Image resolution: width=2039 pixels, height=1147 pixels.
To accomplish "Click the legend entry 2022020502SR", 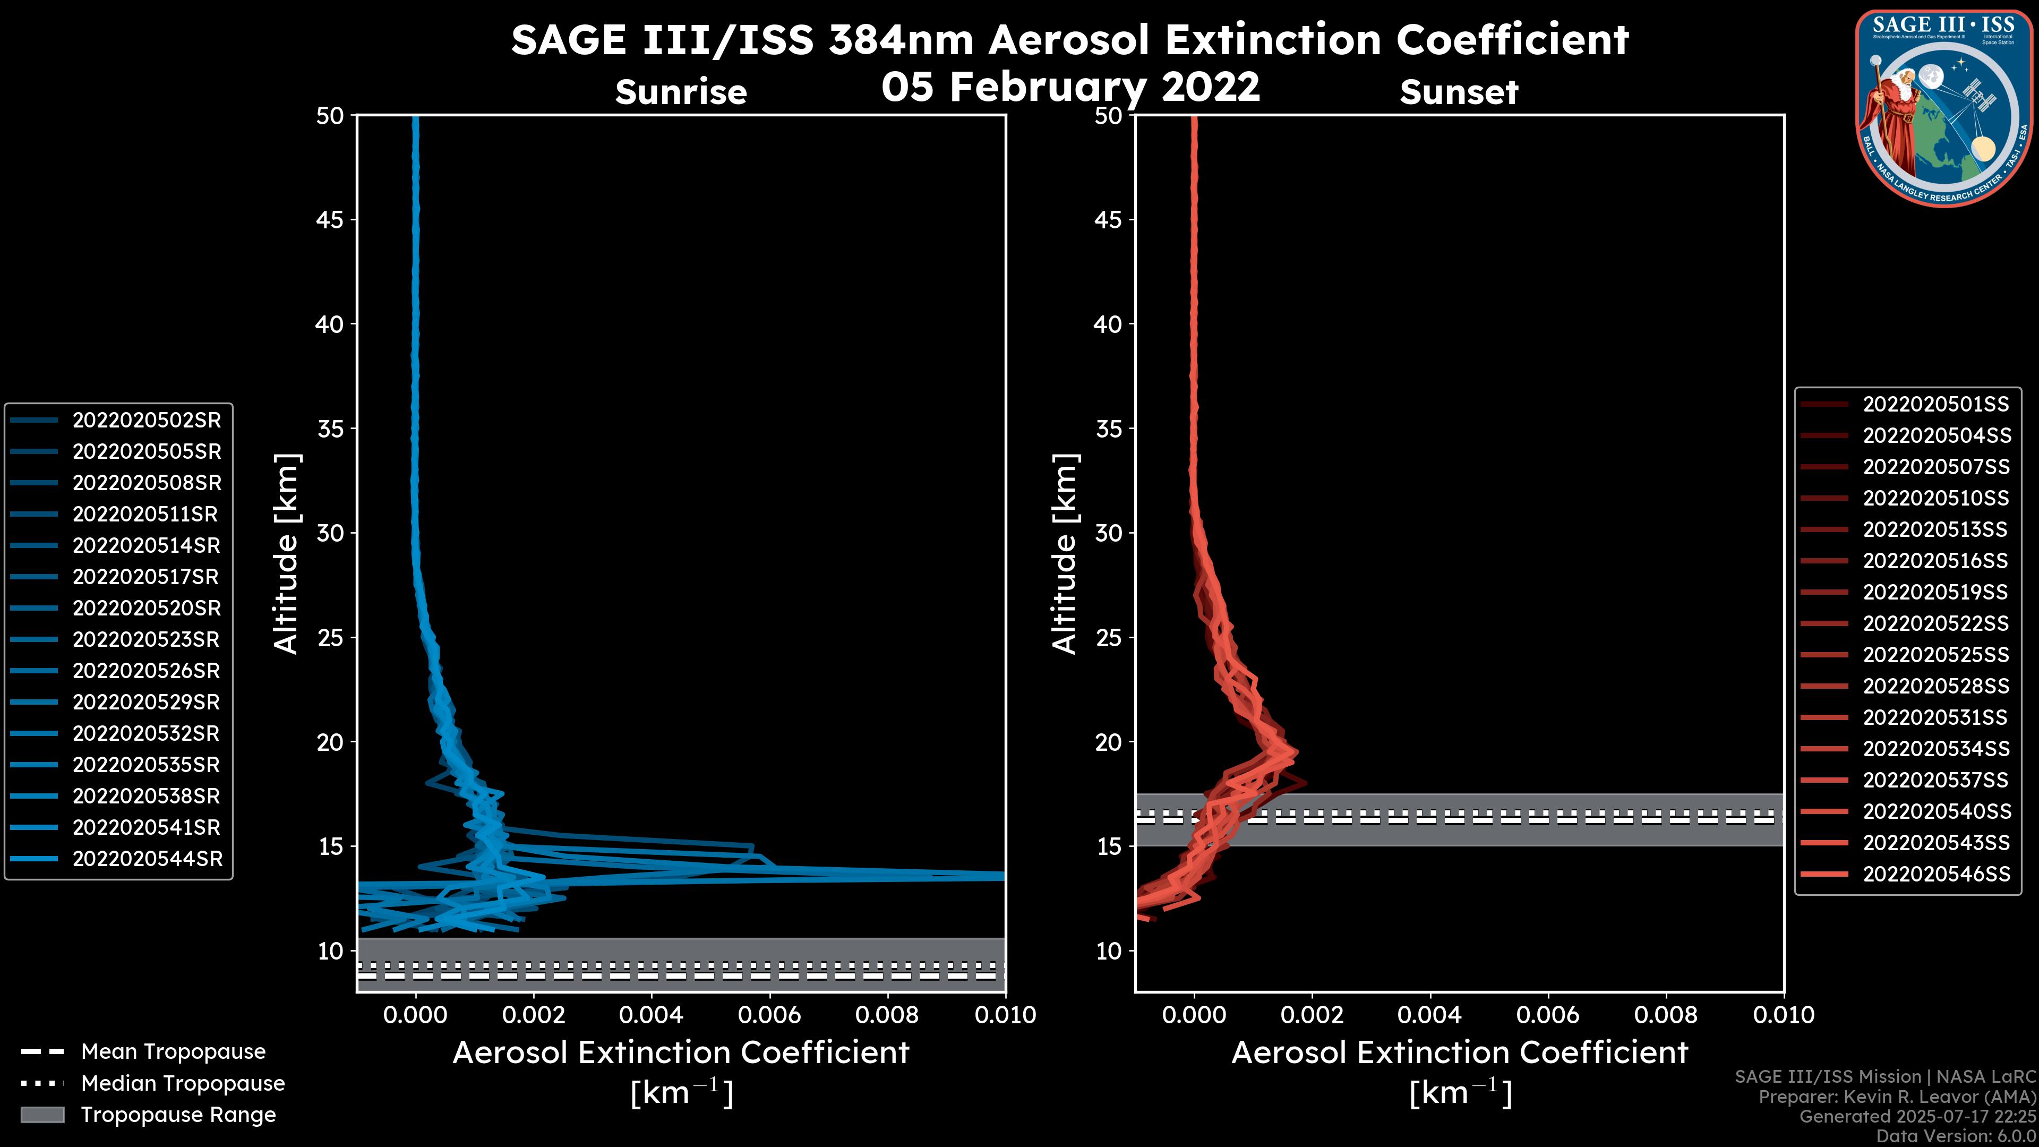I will tap(147, 421).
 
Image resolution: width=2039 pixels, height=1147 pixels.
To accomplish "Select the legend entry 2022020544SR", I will tap(147, 859).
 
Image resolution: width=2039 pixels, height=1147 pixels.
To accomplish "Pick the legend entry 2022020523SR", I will tap(147, 639).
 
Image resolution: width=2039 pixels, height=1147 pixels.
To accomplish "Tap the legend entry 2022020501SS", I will tap(1935, 405).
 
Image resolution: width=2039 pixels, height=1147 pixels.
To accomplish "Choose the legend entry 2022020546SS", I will tap(1936, 874).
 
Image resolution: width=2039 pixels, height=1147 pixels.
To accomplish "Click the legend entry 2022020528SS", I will tap(1936, 686).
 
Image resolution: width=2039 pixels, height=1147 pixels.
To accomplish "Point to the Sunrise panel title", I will tap(681, 92).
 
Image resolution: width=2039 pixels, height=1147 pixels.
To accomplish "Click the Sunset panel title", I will tap(1459, 92).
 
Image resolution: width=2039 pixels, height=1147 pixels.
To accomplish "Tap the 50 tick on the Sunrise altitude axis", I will tap(330, 116).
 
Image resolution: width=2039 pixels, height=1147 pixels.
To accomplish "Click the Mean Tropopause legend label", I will tap(173, 1052).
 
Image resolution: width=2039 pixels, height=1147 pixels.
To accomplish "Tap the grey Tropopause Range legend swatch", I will tap(42, 1115).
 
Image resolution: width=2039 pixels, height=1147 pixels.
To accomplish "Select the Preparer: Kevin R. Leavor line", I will tap(1897, 1097).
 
